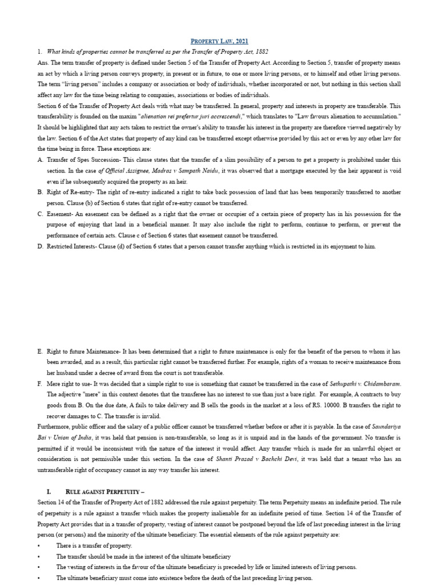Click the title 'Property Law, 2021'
[219, 41]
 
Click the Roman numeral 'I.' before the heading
[49, 491]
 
